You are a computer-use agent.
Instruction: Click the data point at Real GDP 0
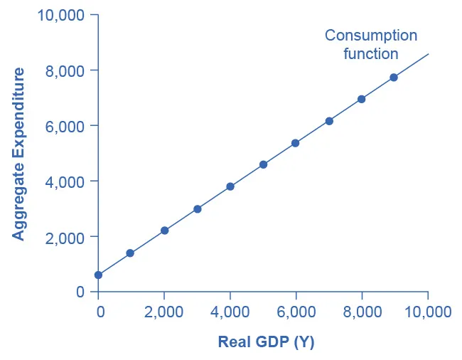pyautogui.click(x=98, y=275)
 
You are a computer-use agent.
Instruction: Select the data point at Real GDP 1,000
pyautogui.click(x=130, y=253)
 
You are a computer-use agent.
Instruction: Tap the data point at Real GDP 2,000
pyautogui.click(x=164, y=231)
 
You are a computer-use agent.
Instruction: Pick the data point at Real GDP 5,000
pyautogui.click(x=263, y=164)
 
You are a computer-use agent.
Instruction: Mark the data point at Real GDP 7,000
pyautogui.click(x=329, y=121)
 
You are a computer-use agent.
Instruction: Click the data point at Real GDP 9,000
pyautogui.click(x=394, y=77)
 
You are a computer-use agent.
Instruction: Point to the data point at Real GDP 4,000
pyautogui.click(x=230, y=186)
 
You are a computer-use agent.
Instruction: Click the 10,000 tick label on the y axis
pyautogui.click(x=60, y=15)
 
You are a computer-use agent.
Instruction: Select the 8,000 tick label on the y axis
pyautogui.click(x=64, y=70)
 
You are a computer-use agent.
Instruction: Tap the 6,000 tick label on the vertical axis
pyautogui.click(x=64, y=126)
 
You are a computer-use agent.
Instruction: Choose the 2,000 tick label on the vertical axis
pyautogui.click(x=64, y=236)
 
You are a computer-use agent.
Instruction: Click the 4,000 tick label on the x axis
pyautogui.click(x=230, y=312)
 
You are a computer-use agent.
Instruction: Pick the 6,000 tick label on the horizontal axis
pyautogui.click(x=296, y=312)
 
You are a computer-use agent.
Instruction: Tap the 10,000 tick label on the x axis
pyautogui.click(x=428, y=312)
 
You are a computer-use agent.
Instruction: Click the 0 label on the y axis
pyautogui.click(x=80, y=292)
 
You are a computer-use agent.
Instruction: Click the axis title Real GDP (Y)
pyautogui.click(x=266, y=342)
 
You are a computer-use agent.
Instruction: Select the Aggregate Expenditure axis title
pyautogui.click(x=19, y=154)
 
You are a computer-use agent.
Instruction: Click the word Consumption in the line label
pyautogui.click(x=371, y=35)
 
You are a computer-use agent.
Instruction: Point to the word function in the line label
pyautogui.click(x=371, y=53)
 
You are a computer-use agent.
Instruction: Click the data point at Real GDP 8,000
pyautogui.click(x=361, y=99)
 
